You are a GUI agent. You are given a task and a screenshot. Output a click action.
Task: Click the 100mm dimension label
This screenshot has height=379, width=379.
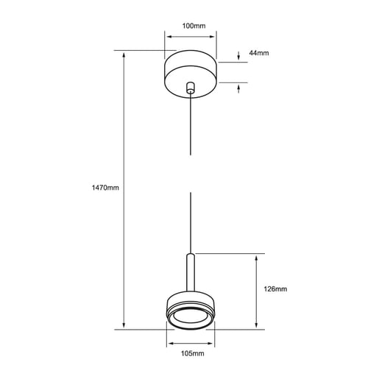[192, 26]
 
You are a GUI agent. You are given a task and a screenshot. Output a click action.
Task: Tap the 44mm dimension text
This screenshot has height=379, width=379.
[259, 53]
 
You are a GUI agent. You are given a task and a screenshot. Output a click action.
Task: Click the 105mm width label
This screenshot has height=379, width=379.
[192, 354]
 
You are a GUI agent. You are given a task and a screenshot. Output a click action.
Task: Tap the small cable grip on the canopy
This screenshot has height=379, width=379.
[191, 88]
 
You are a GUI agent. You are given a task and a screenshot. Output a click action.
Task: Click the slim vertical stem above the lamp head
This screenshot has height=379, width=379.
[191, 272]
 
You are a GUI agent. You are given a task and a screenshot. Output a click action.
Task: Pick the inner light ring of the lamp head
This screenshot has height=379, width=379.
[191, 319]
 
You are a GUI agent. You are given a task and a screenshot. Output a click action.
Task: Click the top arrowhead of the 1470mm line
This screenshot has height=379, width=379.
[123, 55]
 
